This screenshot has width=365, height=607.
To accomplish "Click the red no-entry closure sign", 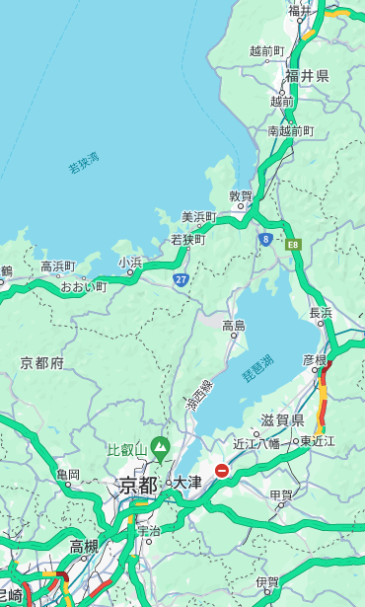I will [222, 471].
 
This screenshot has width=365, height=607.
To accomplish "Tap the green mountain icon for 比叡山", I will [160, 451].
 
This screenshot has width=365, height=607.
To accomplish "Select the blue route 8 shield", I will [265, 239].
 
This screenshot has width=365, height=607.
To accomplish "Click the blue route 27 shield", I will [181, 280].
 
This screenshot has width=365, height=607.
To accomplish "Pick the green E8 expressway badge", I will [293, 243].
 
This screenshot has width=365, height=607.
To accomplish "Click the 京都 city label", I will [138, 485].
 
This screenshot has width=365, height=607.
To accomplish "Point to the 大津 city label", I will [187, 483].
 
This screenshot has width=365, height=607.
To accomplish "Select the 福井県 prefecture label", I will [309, 76].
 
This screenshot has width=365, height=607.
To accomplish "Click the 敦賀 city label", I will [241, 196].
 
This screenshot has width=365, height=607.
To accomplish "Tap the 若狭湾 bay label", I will [84, 163].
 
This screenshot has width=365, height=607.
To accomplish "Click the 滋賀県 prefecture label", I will [282, 420].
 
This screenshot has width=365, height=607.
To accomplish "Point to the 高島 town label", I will [234, 325].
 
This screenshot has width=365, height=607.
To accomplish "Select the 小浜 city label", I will [130, 263].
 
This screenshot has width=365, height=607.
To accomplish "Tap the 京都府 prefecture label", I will [42, 363].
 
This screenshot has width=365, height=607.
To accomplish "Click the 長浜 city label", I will [322, 313].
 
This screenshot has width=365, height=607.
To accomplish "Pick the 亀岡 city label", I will [67, 475].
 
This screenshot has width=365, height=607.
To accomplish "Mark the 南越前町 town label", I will [291, 130].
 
